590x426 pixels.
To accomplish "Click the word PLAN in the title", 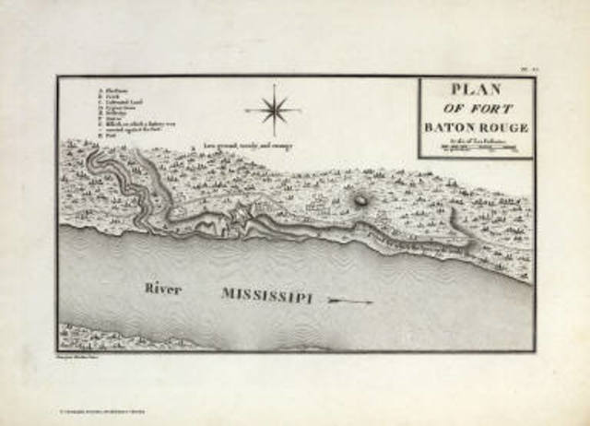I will [x=476, y=90].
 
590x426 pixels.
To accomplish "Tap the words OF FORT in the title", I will [x=477, y=109].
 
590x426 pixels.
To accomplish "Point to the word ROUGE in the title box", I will [x=505, y=127].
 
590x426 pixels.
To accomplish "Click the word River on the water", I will [x=162, y=289].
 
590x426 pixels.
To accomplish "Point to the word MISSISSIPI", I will [x=266, y=295].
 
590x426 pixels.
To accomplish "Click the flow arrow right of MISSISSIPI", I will [x=351, y=302].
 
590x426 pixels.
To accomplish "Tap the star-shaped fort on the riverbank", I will [x=242, y=216].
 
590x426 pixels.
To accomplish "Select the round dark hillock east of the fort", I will [x=361, y=198].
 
